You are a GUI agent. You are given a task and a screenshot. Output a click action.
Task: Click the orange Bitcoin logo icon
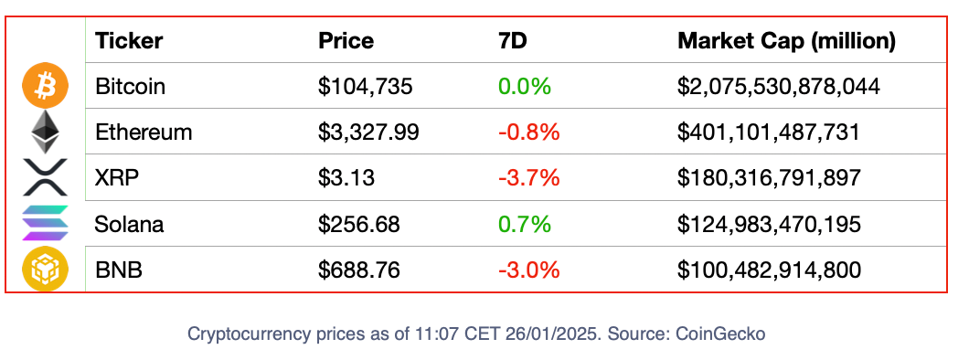45,87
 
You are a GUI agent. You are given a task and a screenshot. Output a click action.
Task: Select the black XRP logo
45,177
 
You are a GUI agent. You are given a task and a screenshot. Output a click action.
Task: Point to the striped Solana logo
45,223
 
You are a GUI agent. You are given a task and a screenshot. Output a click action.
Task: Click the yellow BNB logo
45,269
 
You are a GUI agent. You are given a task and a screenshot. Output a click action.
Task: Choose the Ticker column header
129,41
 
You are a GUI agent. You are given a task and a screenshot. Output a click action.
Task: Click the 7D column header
512,41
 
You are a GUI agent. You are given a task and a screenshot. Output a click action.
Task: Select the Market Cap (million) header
786,41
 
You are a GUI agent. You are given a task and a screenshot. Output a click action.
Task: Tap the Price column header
346,41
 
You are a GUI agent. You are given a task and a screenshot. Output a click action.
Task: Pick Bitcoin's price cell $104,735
365,87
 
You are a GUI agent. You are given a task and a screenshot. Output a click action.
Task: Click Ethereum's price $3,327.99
368,132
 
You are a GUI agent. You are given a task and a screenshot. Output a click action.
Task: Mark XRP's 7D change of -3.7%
529,178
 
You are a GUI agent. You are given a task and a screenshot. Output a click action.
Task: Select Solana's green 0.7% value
524,224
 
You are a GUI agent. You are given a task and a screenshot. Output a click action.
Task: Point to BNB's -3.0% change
529,270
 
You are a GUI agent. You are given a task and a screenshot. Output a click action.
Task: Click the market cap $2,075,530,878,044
778,87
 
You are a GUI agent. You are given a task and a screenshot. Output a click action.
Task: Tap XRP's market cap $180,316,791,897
769,178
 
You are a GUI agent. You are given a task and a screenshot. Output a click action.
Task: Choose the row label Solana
129,224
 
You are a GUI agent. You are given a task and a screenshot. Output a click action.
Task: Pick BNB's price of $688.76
359,270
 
